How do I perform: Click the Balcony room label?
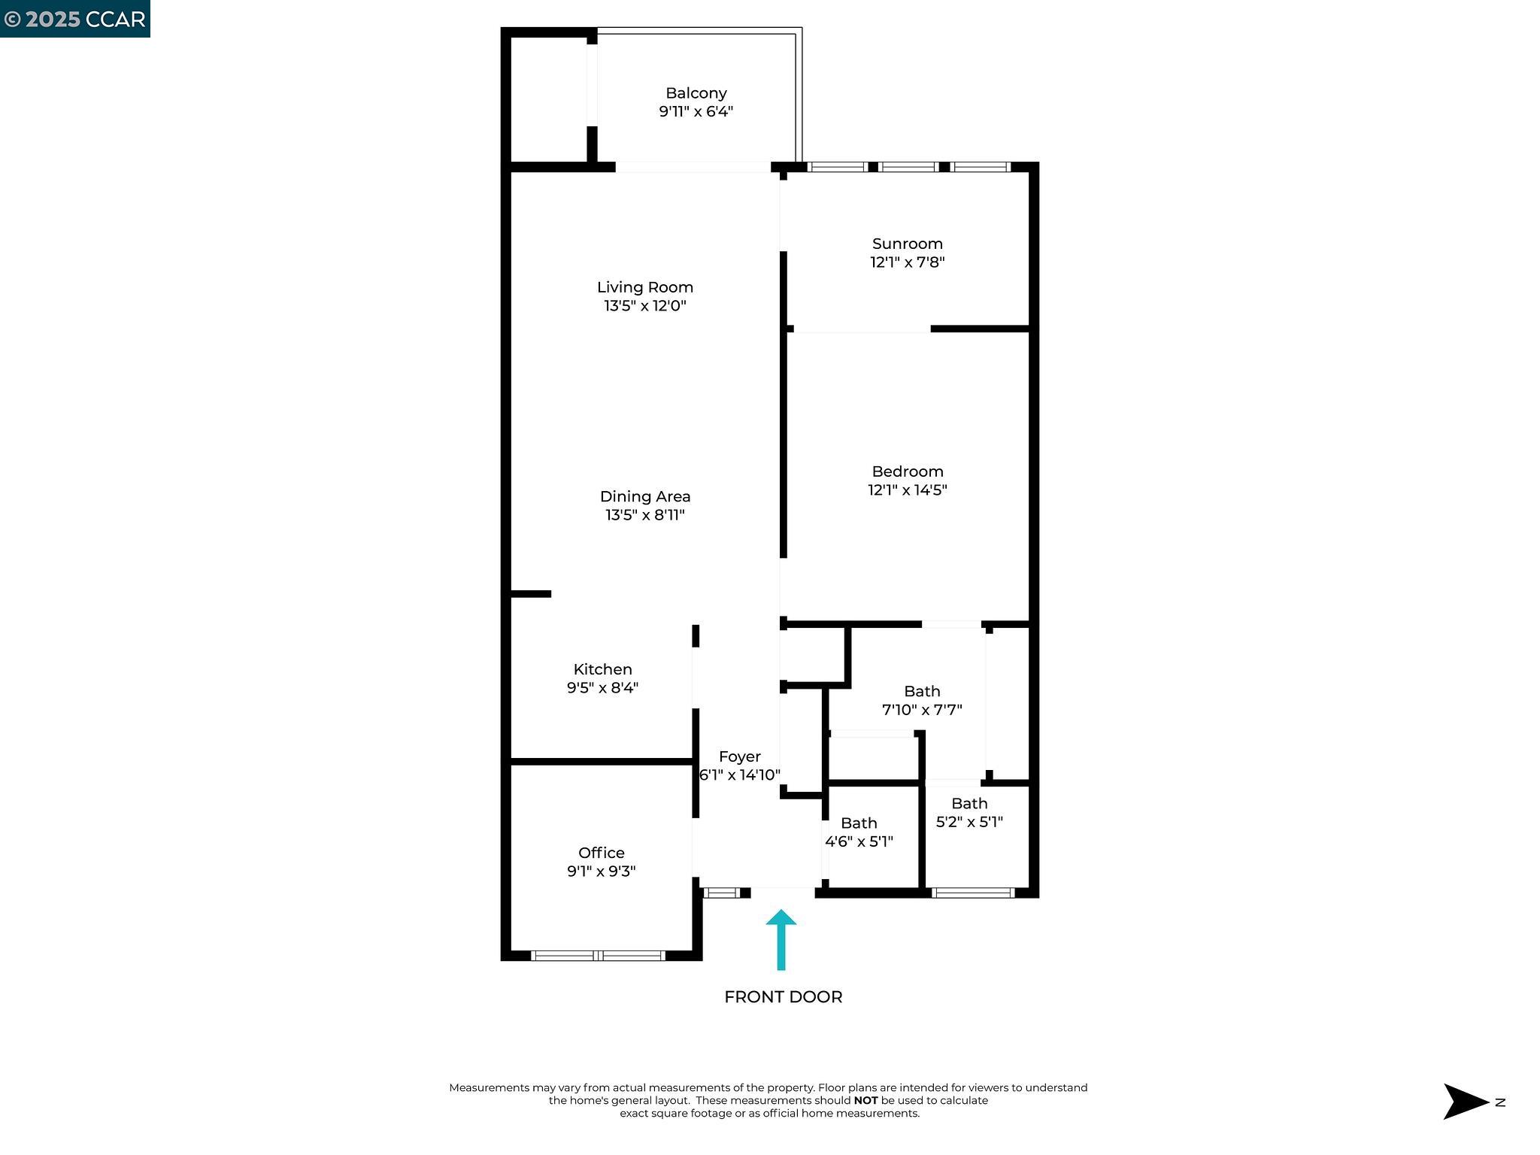696,93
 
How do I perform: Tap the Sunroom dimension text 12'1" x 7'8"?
907,262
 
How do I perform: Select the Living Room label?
644,287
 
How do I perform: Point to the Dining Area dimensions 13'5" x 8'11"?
644,515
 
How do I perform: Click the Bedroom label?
907,471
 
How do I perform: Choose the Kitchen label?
602,669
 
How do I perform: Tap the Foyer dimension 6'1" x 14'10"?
739,775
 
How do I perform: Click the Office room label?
601,853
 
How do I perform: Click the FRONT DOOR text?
783,997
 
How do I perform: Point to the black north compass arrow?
1464,1102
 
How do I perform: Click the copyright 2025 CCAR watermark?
74,19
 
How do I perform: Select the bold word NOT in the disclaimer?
865,1100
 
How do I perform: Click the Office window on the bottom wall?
599,956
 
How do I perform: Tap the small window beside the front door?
721,893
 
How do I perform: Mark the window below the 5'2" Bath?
972,893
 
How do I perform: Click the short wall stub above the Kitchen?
531,594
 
